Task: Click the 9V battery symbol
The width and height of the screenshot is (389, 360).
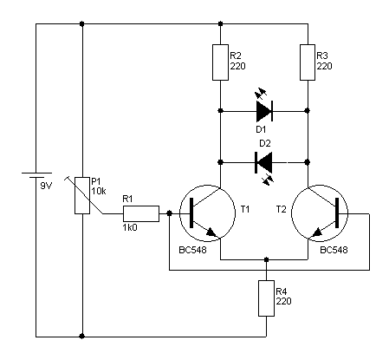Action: (x=36, y=175)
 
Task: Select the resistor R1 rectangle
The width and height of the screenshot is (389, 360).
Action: (x=141, y=213)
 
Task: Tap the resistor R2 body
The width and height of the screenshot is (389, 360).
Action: (x=220, y=62)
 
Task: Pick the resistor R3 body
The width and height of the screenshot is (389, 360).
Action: (x=308, y=62)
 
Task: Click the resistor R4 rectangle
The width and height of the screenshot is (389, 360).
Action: (x=266, y=298)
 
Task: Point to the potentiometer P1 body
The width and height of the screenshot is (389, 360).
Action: (x=82, y=195)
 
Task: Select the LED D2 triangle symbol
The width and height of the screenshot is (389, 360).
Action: (x=263, y=162)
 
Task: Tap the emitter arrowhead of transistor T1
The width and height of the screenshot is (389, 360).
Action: (x=211, y=232)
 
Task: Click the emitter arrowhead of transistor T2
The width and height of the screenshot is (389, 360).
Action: (x=317, y=232)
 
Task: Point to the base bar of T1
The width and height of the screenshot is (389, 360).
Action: (x=191, y=213)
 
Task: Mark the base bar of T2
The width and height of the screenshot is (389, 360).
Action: (x=337, y=213)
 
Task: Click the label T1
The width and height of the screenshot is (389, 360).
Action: (x=245, y=209)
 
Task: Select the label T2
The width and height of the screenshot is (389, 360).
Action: (x=281, y=209)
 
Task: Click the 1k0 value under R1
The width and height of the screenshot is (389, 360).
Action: (x=130, y=228)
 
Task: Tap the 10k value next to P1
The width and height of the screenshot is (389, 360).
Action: (x=99, y=191)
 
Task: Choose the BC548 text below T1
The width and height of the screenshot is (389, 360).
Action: (x=192, y=250)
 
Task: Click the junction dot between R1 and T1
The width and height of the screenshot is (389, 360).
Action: (x=170, y=213)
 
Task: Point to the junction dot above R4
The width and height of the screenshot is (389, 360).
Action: (x=266, y=259)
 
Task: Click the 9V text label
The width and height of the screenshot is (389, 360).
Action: (x=46, y=186)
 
